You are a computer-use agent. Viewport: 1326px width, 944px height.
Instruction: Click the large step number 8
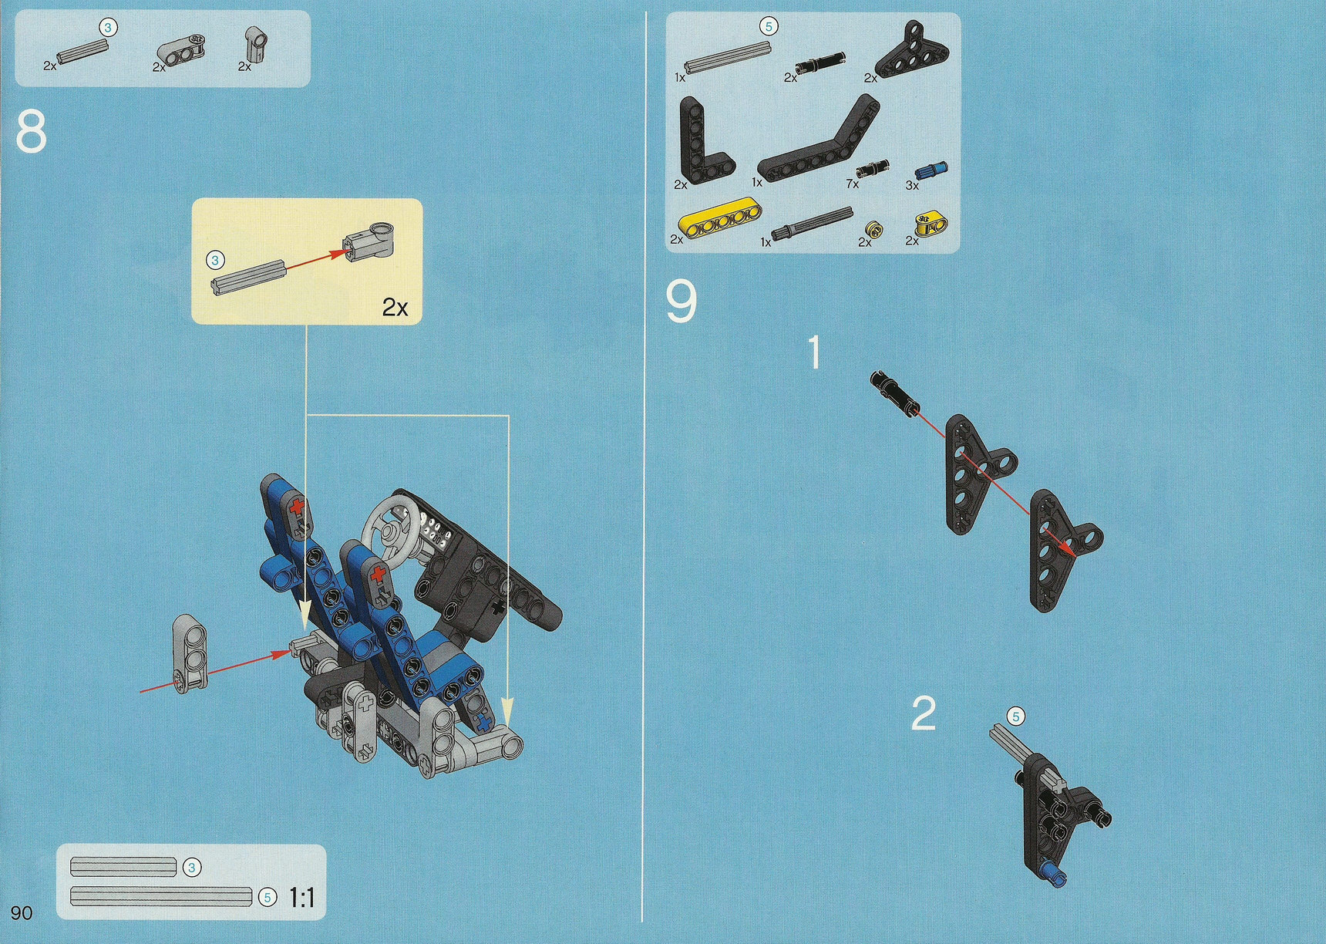point(31,132)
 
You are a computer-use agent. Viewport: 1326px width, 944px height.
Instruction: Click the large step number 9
point(681,302)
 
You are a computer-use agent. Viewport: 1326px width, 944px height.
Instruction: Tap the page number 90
point(22,913)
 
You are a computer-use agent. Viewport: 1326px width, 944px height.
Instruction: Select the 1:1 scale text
point(301,898)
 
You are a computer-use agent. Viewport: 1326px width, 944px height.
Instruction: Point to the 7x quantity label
point(852,184)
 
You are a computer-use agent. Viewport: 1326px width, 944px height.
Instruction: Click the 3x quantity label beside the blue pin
point(912,185)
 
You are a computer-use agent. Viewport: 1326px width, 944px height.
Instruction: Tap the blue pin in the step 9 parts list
point(931,170)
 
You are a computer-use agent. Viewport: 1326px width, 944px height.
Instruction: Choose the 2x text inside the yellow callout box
point(395,308)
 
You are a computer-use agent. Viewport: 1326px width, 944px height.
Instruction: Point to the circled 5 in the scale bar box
point(267,898)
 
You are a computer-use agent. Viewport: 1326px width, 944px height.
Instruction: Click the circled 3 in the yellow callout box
point(215,261)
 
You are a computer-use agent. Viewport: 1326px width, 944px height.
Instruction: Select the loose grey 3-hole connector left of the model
point(190,654)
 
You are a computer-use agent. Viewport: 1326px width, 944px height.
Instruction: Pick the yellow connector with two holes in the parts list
point(931,224)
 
